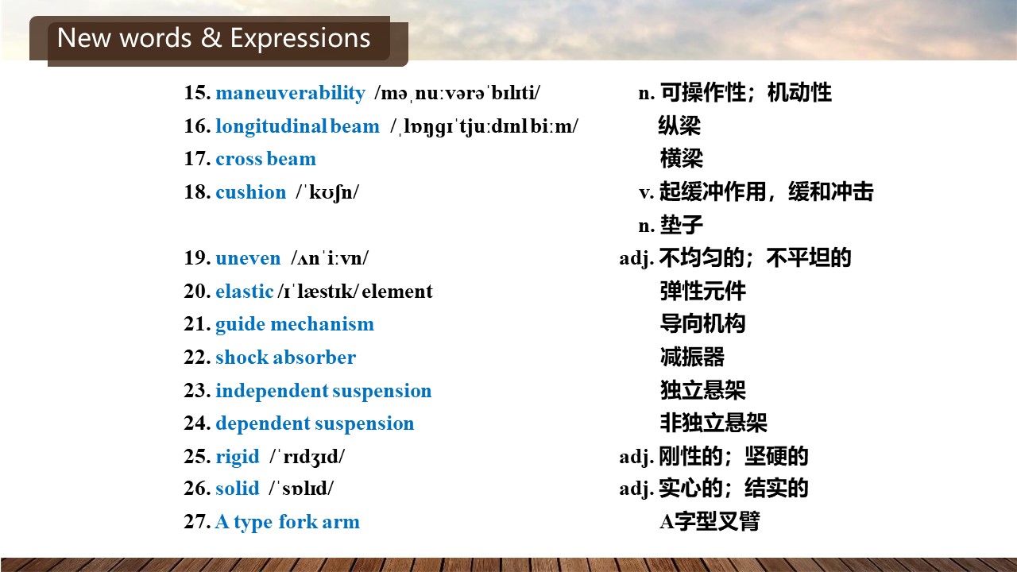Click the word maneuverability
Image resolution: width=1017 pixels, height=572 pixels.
[290, 93]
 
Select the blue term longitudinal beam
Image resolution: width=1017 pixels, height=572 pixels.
[297, 126]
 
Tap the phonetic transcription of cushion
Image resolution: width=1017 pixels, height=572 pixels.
[327, 192]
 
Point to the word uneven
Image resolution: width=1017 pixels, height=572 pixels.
[248, 258]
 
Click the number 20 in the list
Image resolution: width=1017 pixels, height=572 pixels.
[197, 292]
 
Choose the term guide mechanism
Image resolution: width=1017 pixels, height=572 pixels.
[295, 325]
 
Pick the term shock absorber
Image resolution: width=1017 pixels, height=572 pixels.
[285, 357]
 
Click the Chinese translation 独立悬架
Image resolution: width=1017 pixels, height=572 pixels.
[703, 390]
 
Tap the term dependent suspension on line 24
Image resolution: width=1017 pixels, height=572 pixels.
[315, 423]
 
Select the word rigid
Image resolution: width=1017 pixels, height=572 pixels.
[238, 457]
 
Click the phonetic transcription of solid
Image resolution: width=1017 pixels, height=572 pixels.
[301, 489]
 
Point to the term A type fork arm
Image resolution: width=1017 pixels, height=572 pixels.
[288, 522]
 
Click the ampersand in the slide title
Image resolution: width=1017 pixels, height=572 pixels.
[211, 37]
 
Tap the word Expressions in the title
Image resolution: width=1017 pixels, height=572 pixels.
[300, 39]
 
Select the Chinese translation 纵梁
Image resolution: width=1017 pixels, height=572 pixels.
[679, 126]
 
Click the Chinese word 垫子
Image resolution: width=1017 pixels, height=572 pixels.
[681, 225]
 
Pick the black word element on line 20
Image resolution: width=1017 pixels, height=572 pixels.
[397, 292]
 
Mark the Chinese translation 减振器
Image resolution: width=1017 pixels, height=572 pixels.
[692, 357]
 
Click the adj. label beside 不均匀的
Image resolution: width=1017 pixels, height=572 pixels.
[636, 259]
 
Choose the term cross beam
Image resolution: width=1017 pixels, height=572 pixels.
[265, 160]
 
